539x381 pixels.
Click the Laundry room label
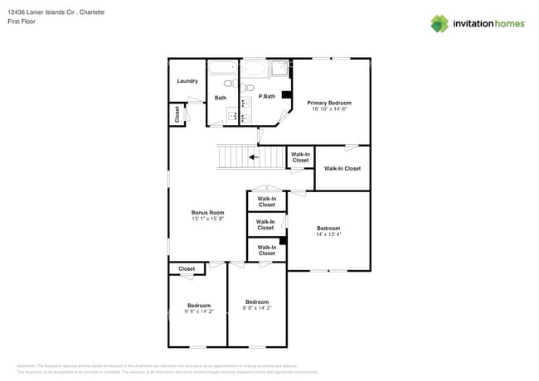coord(187,81)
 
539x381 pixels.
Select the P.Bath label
coord(266,97)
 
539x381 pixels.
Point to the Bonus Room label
coord(207,213)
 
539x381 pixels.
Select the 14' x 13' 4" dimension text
coord(328,234)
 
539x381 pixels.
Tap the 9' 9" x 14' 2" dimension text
coord(257,308)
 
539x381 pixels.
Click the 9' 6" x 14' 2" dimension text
coord(198,311)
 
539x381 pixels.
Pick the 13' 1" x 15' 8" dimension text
coord(207,219)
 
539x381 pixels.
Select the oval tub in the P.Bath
coord(254,68)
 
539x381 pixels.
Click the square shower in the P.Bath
coord(279,68)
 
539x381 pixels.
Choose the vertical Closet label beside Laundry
coord(177,114)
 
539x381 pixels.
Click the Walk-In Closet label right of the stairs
coord(300,157)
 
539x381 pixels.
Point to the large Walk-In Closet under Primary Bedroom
coord(342,168)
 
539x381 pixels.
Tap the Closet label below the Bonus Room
coord(187,268)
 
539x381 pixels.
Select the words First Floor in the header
coord(30,22)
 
